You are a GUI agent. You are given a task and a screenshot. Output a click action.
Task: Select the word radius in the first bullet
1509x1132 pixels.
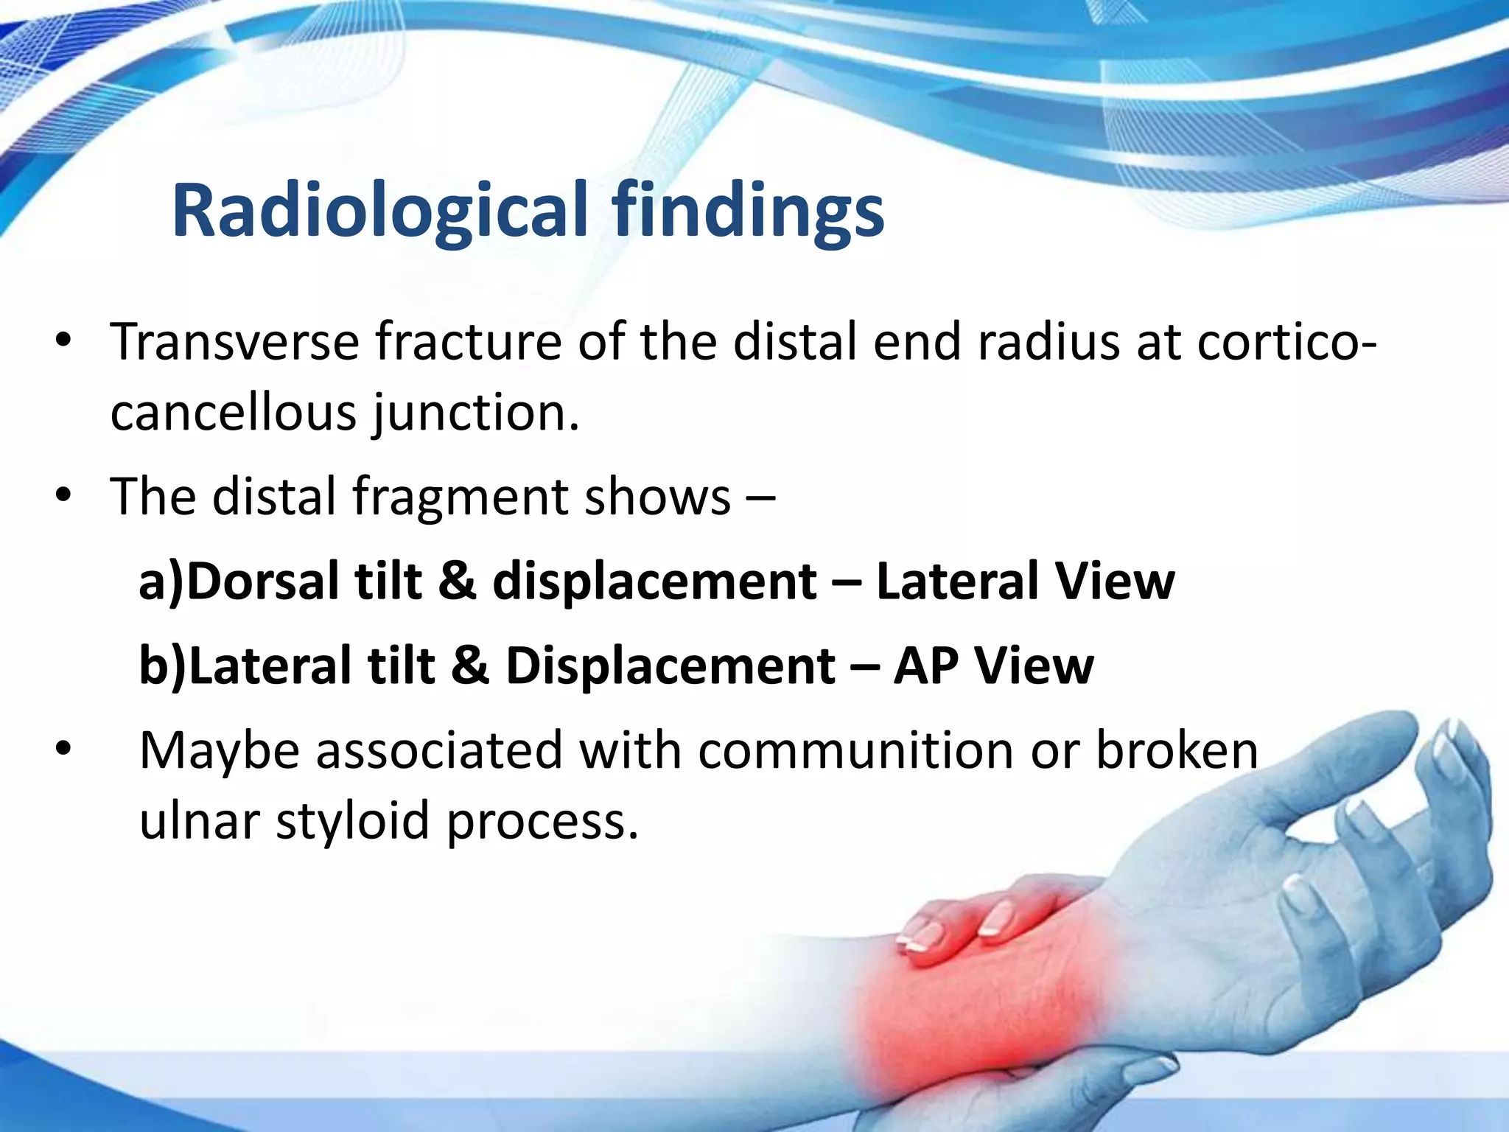[x=1048, y=343]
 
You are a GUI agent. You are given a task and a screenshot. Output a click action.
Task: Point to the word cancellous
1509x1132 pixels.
[x=233, y=412]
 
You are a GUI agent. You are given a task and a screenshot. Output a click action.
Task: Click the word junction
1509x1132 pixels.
[x=476, y=413]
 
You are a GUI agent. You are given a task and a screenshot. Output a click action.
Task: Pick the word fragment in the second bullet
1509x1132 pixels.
[x=460, y=496]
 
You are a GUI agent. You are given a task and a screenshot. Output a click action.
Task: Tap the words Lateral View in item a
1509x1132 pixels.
[x=1025, y=581]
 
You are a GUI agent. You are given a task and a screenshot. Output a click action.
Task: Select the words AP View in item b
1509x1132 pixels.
[x=993, y=665]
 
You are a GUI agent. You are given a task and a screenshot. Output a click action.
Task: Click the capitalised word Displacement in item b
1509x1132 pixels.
[x=670, y=665]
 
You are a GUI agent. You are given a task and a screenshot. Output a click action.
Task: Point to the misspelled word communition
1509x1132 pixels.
[x=856, y=750]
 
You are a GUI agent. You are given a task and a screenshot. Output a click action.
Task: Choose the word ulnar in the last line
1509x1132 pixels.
[x=200, y=820]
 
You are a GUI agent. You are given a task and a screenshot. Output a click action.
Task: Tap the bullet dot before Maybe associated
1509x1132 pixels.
[x=64, y=749]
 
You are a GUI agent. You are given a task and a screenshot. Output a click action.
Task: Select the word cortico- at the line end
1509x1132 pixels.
[x=1285, y=343]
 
